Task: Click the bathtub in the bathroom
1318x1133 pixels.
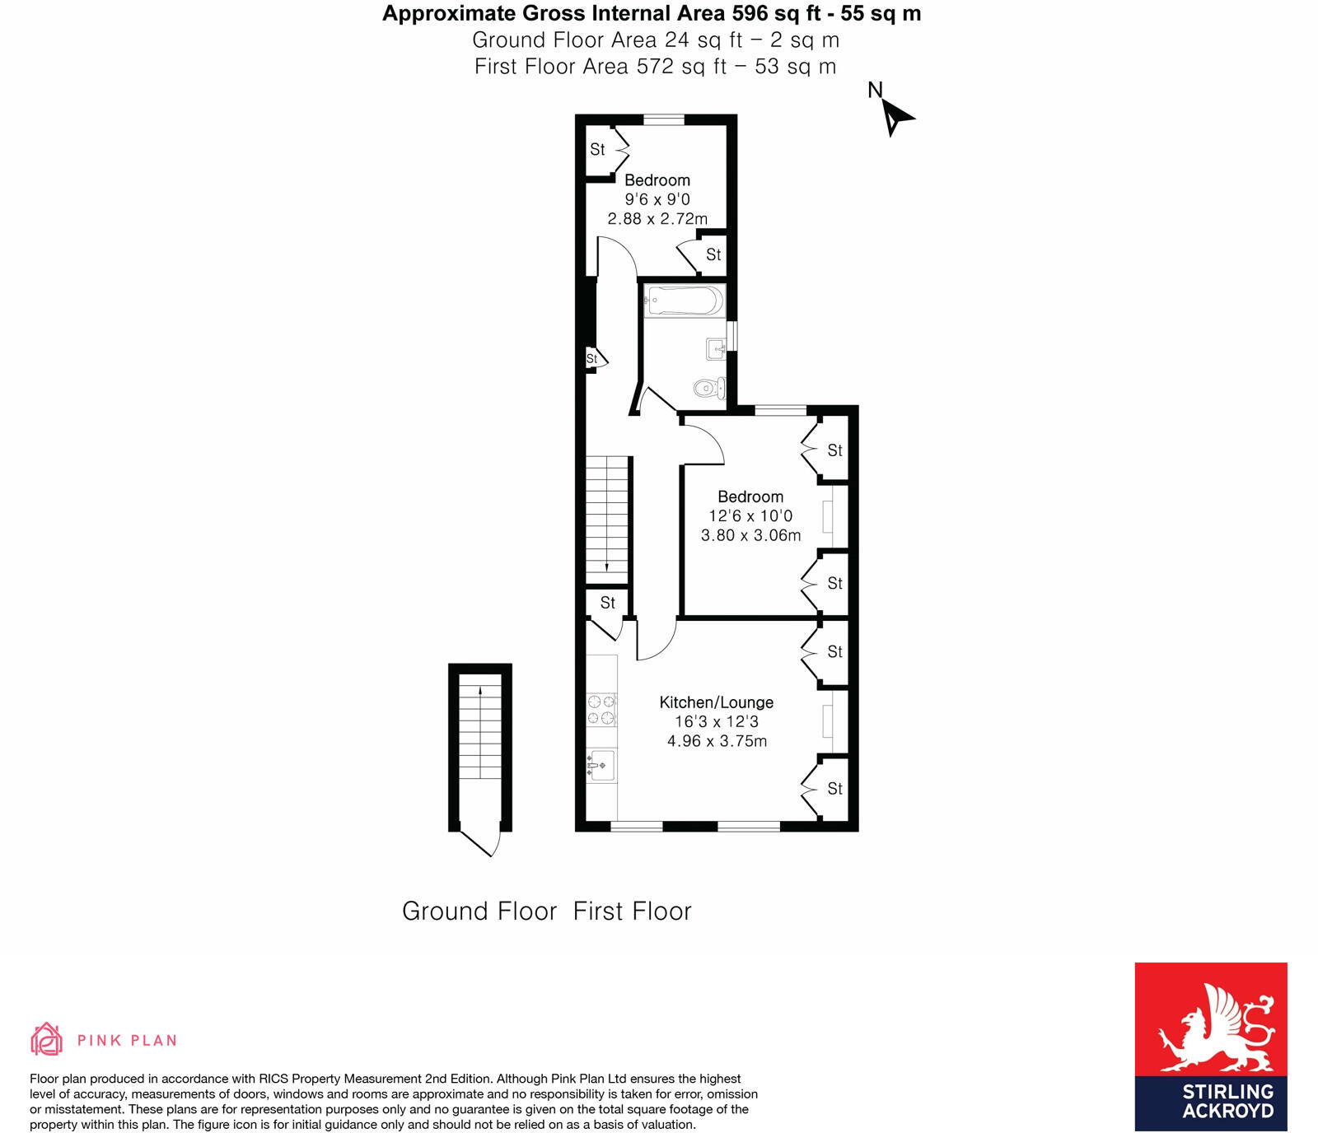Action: click(x=684, y=301)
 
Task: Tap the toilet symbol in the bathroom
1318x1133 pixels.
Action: click(x=708, y=387)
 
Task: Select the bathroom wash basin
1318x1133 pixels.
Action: click(x=716, y=349)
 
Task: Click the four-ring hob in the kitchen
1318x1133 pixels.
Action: click(x=601, y=710)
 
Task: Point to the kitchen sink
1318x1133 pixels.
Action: click(x=601, y=765)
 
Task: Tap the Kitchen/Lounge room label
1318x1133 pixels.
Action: click(x=716, y=702)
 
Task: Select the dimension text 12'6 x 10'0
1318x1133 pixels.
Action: click(x=750, y=516)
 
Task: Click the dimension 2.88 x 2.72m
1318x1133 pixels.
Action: click(x=657, y=219)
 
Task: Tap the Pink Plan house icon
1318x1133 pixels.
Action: click(x=47, y=1039)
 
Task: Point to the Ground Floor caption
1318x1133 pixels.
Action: click(x=479, y=912)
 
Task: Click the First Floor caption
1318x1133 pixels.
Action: click(x=633, y=912)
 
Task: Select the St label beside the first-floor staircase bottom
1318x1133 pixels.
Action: click(x=608, y=603)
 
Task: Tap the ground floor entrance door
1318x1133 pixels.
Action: click(x=479, y=842)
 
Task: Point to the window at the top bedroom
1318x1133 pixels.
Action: click(x=664, y=120)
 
